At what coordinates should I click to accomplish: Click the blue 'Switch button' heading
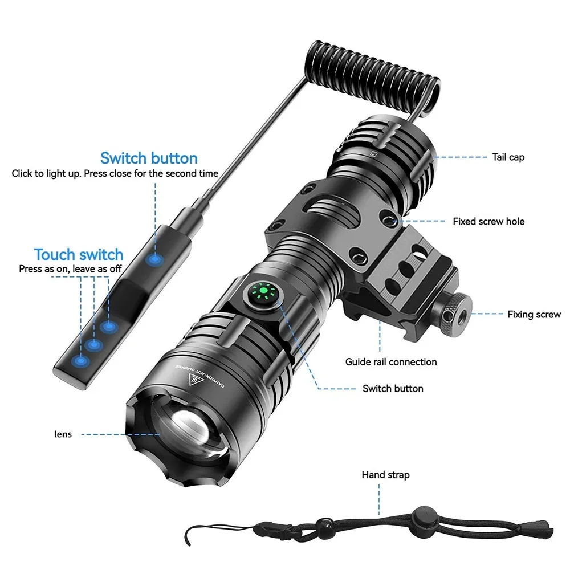149,158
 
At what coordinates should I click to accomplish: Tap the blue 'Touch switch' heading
78,254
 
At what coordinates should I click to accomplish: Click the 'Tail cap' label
508,157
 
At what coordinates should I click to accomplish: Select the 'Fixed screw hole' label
488,221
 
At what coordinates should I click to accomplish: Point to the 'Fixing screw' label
534,314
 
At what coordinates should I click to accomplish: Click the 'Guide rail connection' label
391,362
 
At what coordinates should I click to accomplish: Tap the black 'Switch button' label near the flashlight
393,389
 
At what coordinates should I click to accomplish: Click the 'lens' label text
63,434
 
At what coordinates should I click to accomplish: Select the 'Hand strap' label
385,475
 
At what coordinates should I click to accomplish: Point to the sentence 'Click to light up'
47,173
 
